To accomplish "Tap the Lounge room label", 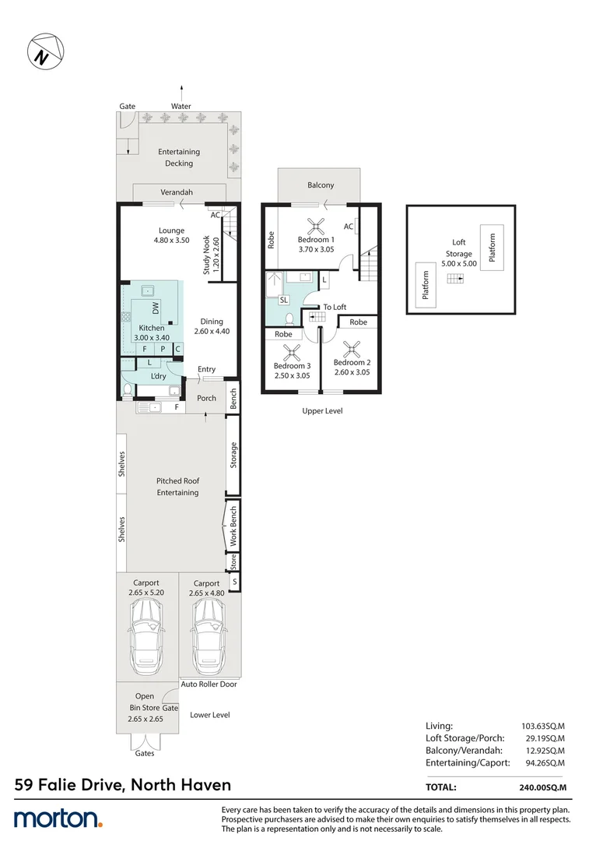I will [x=171, y=230].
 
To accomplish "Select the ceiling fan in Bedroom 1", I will [x=316, y=226].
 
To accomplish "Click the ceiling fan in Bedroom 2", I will [x=352, y=349].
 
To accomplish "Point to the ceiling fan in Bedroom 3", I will [x=292, y=351].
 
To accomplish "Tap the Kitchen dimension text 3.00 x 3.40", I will [x=151, y=337].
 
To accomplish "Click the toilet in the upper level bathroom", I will [x=289, y=318].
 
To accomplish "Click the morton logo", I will [x=58, y=818].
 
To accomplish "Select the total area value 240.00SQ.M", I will [x=543, y=787].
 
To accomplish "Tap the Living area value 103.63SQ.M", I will [x=543, y=725].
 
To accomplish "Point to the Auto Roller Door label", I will [x=209, y=684].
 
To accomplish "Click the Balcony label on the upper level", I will [x=321, y=185].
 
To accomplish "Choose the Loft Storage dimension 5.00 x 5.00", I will [x=458, y=265].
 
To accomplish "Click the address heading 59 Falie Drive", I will [x=123, y=785].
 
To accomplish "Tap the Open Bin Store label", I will [x=145, y=702].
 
